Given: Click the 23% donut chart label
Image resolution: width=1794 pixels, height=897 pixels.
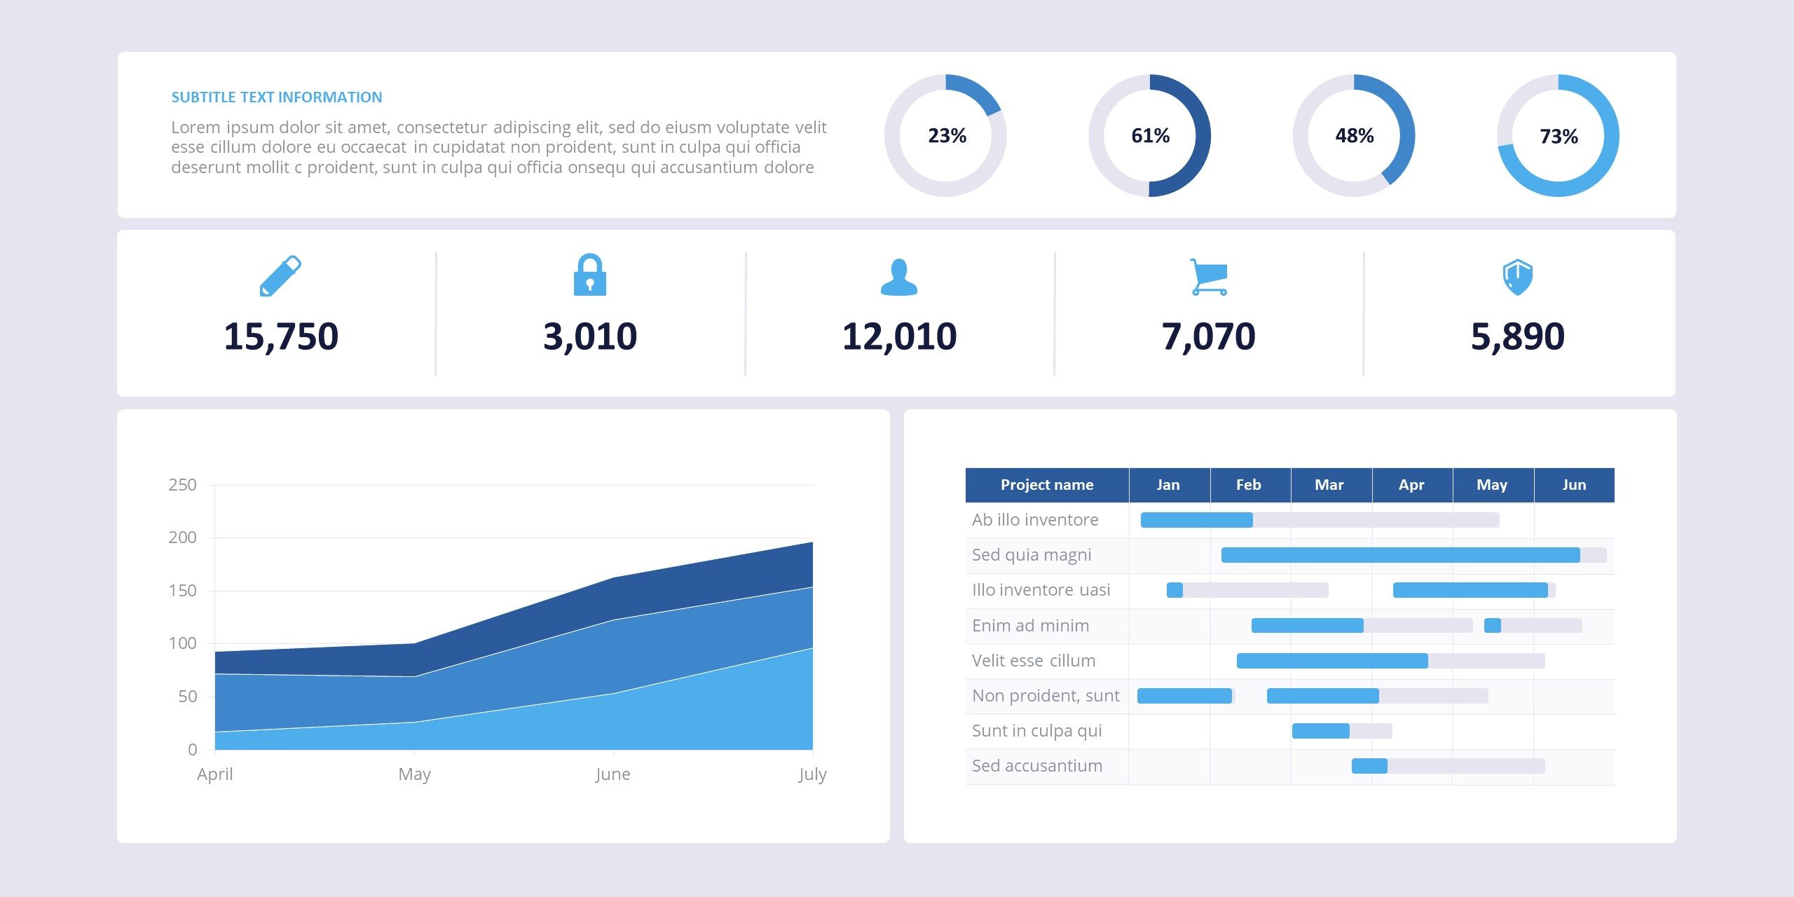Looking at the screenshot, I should pos(947,136).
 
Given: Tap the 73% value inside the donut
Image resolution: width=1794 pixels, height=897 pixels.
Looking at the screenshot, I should pos(1559,137).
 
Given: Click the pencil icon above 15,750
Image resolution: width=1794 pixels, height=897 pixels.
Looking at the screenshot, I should pos(280,276).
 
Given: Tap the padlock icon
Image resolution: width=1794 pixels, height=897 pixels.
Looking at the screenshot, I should pos(589,275).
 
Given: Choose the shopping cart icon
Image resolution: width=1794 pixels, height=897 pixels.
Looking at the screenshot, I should pos(1208,277).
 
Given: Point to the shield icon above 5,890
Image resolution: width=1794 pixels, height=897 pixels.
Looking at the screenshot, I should pos(1517,278).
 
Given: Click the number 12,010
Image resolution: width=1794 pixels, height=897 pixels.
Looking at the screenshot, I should pos(899,336).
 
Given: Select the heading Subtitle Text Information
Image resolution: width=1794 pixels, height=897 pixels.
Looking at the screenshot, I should pos(277,97).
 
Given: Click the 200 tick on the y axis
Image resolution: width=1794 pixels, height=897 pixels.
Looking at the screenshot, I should pos(182,537).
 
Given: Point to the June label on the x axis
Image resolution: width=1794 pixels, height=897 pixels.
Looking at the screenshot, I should pos(612,774).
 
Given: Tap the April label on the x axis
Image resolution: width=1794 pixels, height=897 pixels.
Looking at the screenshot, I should pos(214,774).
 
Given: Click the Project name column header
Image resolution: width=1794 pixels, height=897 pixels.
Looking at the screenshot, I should pos(1047,485).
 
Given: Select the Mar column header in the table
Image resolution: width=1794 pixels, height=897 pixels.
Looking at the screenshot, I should pos(1329,485).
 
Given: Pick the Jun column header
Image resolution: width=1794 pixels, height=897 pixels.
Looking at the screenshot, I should pos(1574,485).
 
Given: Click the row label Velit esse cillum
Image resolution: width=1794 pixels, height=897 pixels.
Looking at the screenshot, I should pos(1033,661).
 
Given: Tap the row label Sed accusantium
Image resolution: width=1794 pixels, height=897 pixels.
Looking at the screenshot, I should pos(1036,766).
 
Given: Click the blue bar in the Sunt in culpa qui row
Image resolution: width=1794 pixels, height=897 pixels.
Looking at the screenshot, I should pos(1320,731).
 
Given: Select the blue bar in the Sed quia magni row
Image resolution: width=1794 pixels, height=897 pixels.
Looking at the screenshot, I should pos(1400,555).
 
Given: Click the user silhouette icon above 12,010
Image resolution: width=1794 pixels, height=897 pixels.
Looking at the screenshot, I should pos(899,278).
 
